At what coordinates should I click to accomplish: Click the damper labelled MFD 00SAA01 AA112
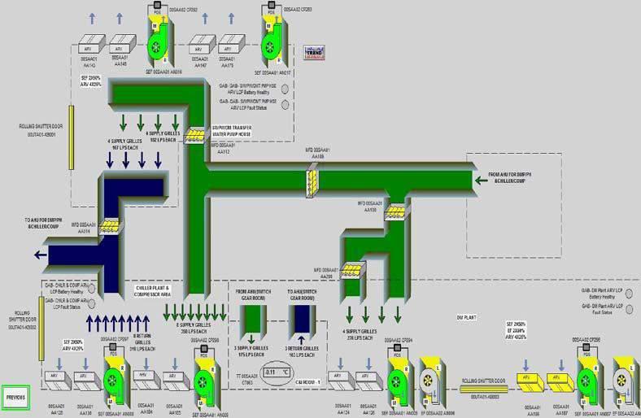[x=195, y=134]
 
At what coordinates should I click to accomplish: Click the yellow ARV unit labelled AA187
[x=557, y=378]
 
